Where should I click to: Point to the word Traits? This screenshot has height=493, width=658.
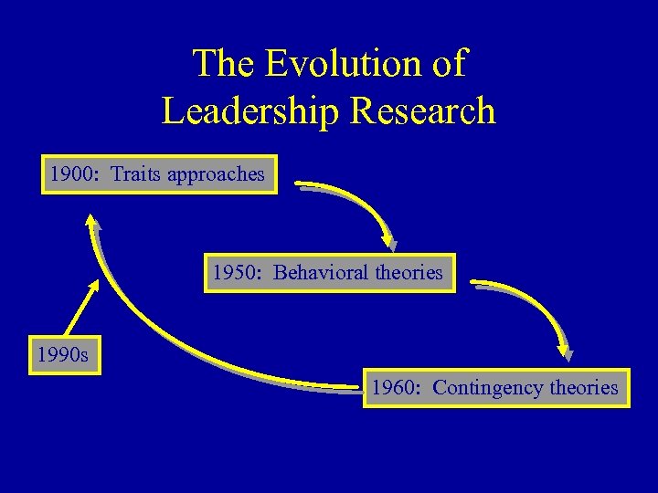click(x=135, y=173)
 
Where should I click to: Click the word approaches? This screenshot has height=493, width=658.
click(x=216, y=174)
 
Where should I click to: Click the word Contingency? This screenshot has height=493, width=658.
click(x=487, y=388)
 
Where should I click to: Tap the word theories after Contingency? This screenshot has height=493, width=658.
click(x=584, y=388)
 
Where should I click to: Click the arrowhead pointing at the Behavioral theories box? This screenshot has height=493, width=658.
click(x=389, y=243)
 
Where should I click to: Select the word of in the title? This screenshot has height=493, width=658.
click(x=449, y=64)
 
